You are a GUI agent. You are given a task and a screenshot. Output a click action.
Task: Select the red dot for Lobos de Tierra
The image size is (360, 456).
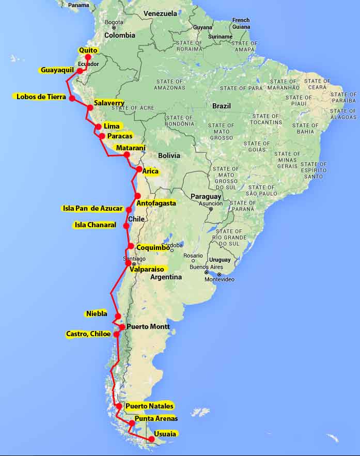click(x=72, y=98)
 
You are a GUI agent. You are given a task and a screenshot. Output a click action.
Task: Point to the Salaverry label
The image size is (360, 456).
click(x=108, y=103)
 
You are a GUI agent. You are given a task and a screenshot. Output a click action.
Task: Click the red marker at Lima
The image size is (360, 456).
click(x=98, y=127)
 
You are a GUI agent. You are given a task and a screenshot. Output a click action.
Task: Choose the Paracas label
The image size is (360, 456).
click(x=119, y=136)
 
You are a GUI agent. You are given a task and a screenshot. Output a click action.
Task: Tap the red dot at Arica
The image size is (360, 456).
click(x=139, y=169)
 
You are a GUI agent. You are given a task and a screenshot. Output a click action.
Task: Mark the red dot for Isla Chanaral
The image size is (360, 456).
click(x=126, y=226)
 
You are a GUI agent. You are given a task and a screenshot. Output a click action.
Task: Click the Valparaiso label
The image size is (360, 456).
click(x=147, y=269)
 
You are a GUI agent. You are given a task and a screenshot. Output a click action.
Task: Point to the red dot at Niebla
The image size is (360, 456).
click(x=118, y=316)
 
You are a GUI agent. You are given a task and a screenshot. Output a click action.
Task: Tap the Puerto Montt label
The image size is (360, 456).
click(x=148, y=326)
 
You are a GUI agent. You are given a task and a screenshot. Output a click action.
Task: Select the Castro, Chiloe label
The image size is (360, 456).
click(x=88, y=334)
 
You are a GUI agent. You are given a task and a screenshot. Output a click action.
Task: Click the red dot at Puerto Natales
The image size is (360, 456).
click(x=119, y=406)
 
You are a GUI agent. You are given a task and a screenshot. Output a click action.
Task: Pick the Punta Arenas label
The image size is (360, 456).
click(x=156, y=418)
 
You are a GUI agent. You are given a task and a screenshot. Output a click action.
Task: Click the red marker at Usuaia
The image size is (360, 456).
click(x=151, y=439)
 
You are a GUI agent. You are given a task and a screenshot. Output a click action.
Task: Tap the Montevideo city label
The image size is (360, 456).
click(x=220, y=279)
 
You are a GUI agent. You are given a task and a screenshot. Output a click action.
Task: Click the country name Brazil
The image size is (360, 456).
click(x=222, y=106)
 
